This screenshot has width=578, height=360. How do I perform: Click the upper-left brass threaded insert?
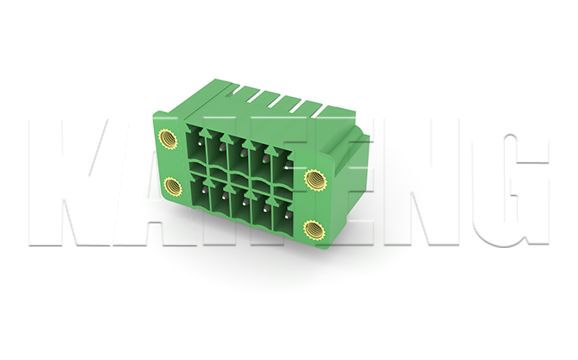[168, 139]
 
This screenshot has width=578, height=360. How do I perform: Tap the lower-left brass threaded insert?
[173, 187]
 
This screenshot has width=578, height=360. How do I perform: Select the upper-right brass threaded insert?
[316, 179]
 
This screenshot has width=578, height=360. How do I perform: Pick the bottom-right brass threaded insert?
[314, 229]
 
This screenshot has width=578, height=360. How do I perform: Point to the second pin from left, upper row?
[221, 147]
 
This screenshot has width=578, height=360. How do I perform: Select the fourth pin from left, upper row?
[265, 158]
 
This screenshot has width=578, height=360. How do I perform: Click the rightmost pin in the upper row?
[286, 167]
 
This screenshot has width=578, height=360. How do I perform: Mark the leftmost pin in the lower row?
[203, 190]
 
